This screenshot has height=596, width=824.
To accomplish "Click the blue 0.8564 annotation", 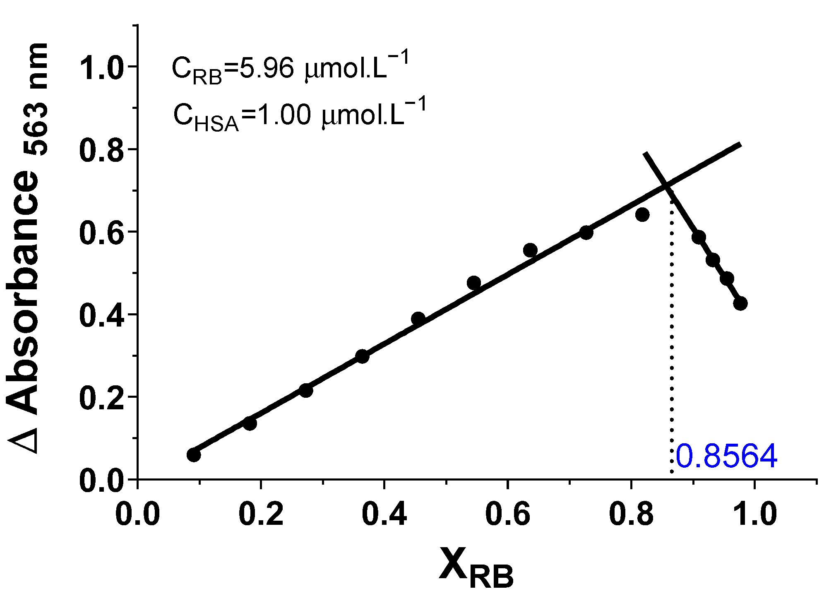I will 726,457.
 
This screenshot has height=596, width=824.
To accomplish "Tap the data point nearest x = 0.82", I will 642,214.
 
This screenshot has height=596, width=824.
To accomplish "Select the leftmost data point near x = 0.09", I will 194,455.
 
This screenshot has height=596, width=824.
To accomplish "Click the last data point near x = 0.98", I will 740,303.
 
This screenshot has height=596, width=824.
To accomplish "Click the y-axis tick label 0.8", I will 101,151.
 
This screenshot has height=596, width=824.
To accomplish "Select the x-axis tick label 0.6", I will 507,514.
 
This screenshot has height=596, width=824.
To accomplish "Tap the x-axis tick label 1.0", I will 755,514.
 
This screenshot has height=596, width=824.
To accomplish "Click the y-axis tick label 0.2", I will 101,399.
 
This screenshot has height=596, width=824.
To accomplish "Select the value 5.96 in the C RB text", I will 267,68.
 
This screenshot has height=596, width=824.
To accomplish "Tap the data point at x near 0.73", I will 586,233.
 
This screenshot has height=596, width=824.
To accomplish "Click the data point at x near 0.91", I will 699,237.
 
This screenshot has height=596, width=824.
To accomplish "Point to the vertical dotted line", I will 672,352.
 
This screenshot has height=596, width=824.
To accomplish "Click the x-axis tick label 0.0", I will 137,514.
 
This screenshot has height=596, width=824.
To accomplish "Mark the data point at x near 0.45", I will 418,318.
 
